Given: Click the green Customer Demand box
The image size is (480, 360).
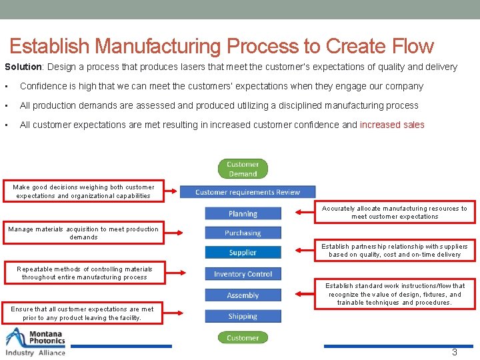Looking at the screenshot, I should (x=243, y=169).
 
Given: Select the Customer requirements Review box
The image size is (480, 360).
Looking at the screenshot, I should (x=247, y=192).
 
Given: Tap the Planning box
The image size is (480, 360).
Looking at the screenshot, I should (x=243, y=213).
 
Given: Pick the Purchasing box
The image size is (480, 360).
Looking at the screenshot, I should (x=243, y=233).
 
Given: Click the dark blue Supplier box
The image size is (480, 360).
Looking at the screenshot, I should (x=243, y=253).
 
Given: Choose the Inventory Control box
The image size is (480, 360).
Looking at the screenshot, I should (x=243, y=274).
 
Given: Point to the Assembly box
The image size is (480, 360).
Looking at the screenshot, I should (x=243, y=295).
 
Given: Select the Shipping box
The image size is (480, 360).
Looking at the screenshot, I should (x=243, y=316).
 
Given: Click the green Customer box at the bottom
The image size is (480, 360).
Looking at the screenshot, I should (x=243, y=337).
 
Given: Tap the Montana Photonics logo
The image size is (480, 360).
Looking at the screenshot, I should (x=36, y=342).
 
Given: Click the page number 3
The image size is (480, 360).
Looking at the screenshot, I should (x=455, y=352).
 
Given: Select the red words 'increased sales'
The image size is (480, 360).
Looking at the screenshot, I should (x=392, y=125).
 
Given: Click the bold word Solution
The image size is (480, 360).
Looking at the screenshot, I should (x=23, y=67).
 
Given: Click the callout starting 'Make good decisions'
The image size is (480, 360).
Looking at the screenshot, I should (x=83, y=191).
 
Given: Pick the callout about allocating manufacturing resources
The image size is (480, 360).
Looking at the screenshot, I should (x=395, y=212).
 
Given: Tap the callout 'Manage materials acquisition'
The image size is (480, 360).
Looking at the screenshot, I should (x=83, y=233).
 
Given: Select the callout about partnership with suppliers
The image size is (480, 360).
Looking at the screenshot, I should (x=395, y=250).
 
